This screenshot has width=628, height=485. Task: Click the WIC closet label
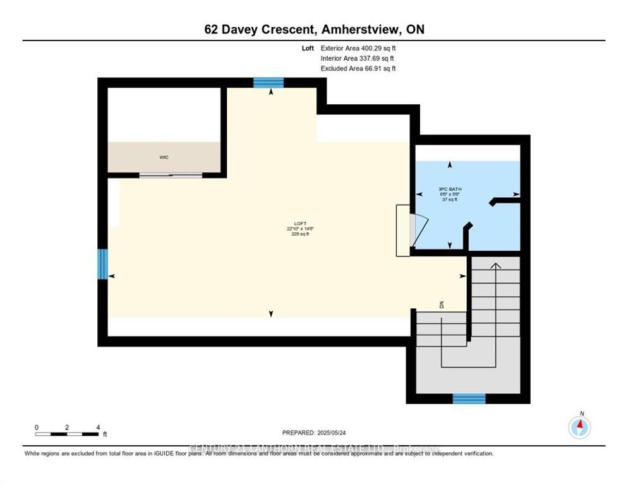pos(164,157)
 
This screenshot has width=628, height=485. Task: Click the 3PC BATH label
pos(447,189)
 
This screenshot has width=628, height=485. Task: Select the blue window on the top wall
pos(269,82)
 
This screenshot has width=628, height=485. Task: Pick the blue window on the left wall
pos(102,263)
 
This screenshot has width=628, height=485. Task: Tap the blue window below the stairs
pos(469,398)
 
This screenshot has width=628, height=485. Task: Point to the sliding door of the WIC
pos(171,175)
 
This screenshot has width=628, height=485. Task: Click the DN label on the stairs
pos(442,305)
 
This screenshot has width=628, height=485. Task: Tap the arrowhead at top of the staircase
pos(496,265)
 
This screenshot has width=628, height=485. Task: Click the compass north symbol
pos(579,427)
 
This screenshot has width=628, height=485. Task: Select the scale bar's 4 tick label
pos(98,427)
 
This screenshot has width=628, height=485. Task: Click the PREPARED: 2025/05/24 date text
pos(314,433)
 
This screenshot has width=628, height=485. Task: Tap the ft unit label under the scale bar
pos(105,434)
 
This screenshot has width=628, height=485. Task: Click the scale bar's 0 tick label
pos(37,427)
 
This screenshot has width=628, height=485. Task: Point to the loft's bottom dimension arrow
pos(271,314)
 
